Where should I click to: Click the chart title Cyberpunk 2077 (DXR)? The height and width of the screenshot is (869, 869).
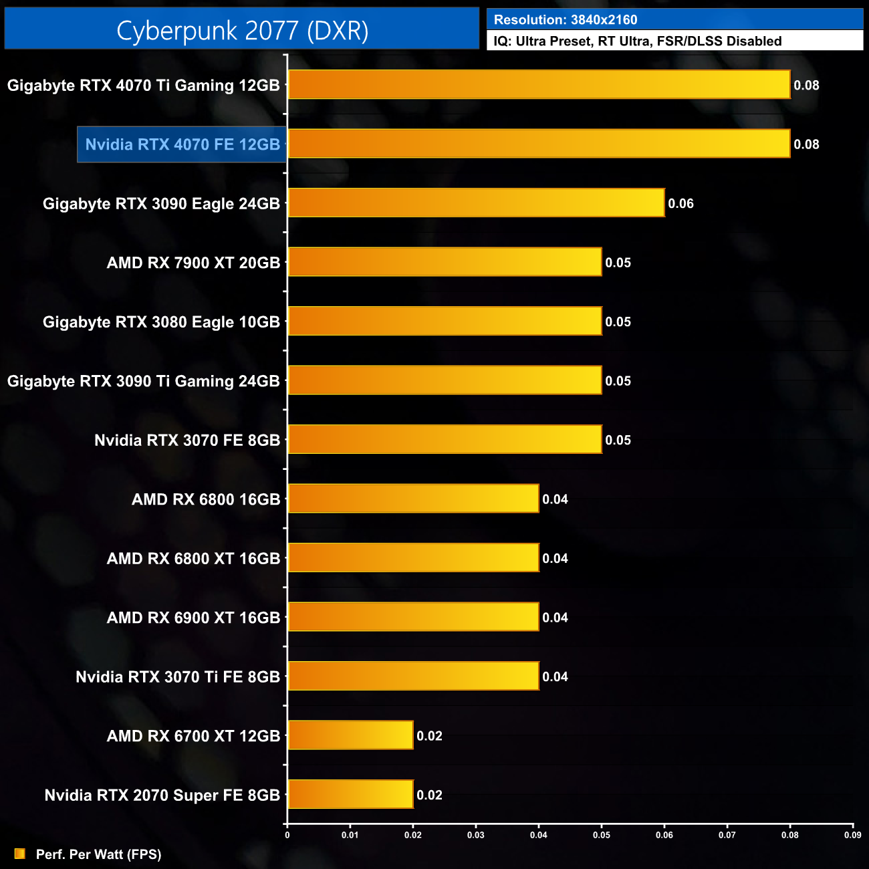[242, 31]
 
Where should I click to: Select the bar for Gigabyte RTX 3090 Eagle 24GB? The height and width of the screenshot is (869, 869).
[476, 203]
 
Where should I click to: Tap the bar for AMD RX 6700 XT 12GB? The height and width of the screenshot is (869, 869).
[350, 735]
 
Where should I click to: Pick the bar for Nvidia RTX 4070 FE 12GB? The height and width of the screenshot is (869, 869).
[539, 144]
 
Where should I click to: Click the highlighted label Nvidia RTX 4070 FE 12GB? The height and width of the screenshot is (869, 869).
[182, 144]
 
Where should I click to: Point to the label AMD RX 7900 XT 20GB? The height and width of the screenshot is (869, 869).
[193, 263]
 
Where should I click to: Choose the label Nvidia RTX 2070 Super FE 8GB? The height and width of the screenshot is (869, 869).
[162, 795]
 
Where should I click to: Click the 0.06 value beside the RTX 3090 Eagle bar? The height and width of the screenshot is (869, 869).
[680, 203]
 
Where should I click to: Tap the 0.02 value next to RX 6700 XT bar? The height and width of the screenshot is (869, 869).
[429, 736]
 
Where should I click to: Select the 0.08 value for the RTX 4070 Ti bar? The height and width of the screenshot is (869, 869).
[806, 86]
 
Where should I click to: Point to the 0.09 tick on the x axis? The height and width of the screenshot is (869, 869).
[852, 835]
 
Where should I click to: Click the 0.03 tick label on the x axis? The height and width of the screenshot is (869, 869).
[475, 835]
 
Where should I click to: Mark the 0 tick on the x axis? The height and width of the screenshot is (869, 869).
[287, 835]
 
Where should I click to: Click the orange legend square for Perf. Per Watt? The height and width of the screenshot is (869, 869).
[20, 854]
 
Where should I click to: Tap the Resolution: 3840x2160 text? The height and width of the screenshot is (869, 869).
[566, 20]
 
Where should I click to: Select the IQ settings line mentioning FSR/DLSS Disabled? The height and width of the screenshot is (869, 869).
[637, 41]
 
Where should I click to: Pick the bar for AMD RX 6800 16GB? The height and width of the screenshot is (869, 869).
[413, 499]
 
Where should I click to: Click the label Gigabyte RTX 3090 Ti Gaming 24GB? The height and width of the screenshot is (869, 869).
[143, 381]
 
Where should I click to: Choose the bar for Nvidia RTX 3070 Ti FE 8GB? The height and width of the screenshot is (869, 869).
[413, 676]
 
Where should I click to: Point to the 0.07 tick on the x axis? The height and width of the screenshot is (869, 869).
[727, 835]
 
